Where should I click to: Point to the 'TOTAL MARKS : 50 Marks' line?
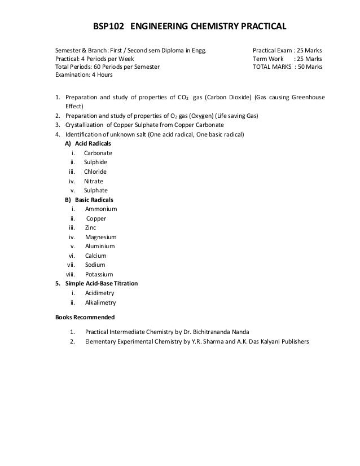click(287, 67)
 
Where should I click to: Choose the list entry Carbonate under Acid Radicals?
click(98, 153)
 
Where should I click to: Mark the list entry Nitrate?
click(94, 182)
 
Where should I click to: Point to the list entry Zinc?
click(90, 228)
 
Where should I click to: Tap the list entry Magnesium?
click(100, 238)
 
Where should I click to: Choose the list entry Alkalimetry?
click(100, 302)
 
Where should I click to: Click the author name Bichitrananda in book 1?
click(204, 331)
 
